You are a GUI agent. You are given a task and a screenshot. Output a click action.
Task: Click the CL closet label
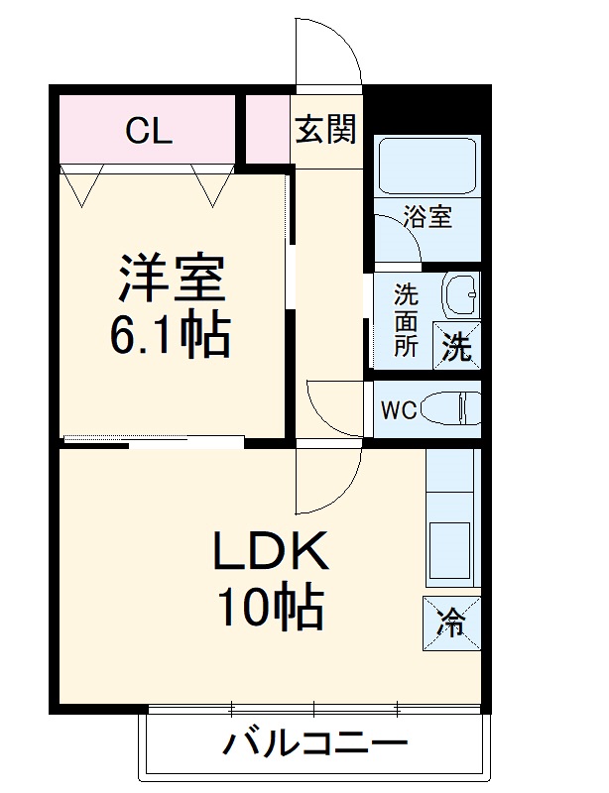(149, 130)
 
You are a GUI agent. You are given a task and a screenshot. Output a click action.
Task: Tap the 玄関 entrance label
(325, 130)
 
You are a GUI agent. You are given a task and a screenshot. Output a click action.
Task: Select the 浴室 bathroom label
(428, 217)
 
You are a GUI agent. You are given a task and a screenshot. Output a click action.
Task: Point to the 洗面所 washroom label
(406, 320)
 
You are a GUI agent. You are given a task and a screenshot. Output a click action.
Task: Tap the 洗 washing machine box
(456, 347)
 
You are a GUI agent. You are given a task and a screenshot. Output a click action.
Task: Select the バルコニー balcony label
(314, 742)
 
